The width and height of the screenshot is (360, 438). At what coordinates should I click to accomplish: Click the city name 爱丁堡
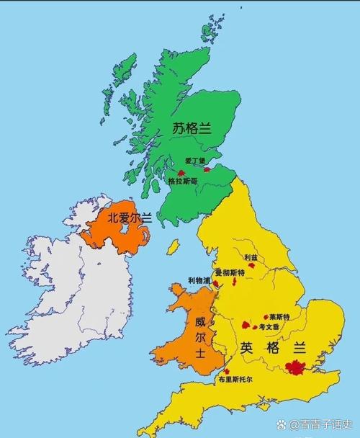coord(194,161)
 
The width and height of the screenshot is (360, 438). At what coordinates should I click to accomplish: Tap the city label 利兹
coord(251,257)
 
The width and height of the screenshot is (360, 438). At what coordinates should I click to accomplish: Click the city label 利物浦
coord(199,280)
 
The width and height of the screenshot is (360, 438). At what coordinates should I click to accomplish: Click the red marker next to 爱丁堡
coord(209,170)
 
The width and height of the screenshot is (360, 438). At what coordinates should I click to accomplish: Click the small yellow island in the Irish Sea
coord(173,247)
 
